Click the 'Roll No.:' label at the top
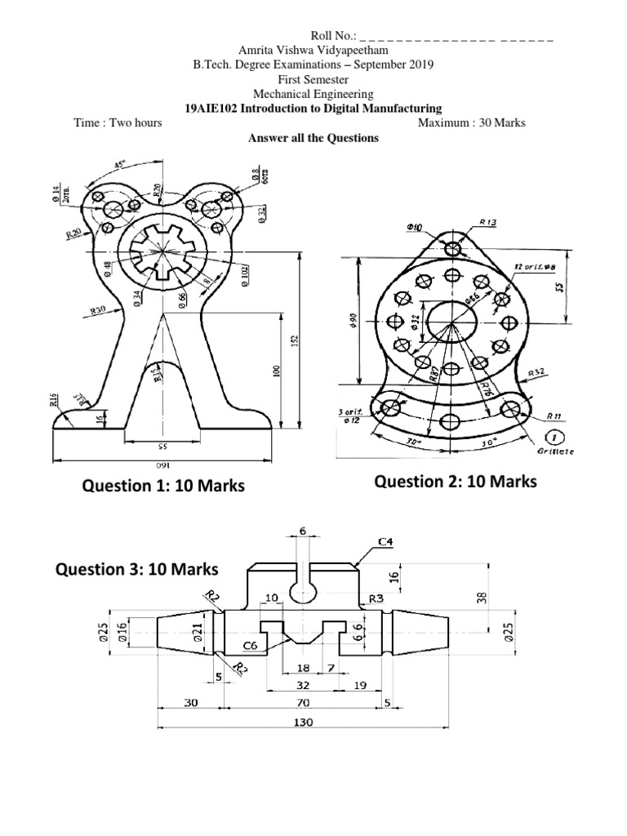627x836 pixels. coord(333,37)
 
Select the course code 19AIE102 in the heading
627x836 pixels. coord(211,108)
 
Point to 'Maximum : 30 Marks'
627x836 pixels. coord(471,122)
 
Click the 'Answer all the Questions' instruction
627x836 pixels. coord(313,138)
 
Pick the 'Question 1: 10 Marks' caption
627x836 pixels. coord(163,487)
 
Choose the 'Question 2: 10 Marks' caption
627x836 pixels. coord(456,482)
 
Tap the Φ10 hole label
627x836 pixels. coord(413,226)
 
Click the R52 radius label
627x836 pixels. coord(536,371)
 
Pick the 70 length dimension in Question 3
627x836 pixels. coord(302,701)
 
